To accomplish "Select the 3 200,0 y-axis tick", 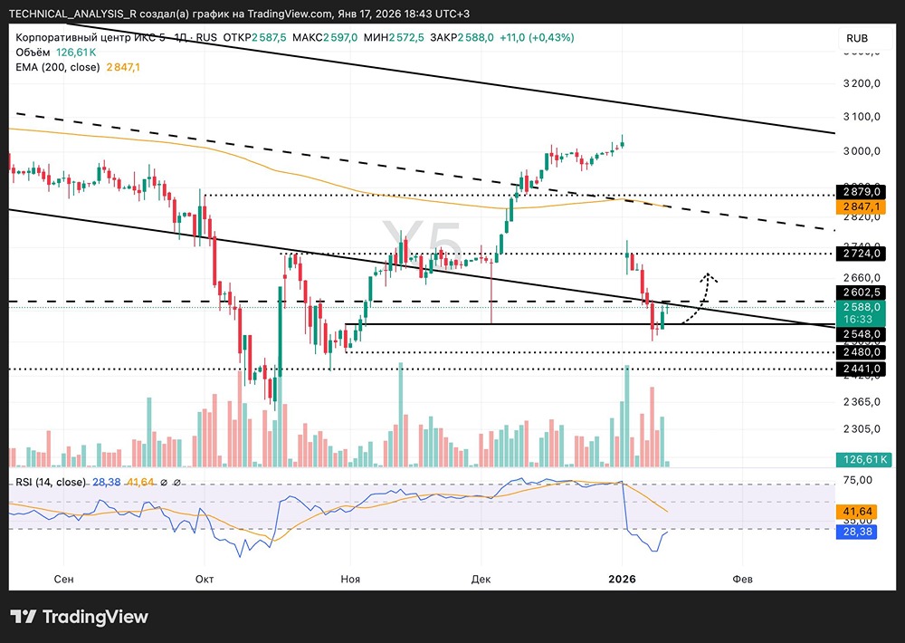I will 861,84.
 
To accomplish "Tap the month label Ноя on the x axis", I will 349,579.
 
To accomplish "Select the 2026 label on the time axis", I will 623,579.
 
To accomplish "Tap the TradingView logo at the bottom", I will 79,617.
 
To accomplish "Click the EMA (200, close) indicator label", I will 59,67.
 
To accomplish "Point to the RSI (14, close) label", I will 50,482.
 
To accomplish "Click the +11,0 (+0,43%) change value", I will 534,37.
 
